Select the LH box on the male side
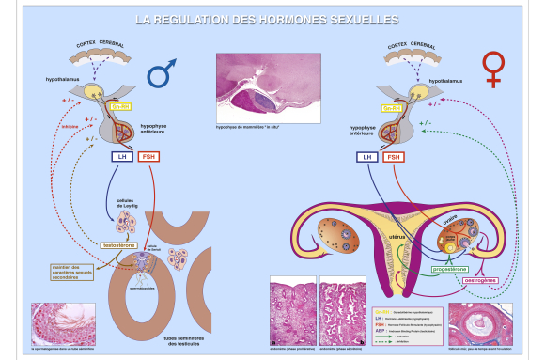click(x=119, y=157)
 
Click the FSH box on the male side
click(x=149, y=157)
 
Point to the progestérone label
click(x=449, y=269)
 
